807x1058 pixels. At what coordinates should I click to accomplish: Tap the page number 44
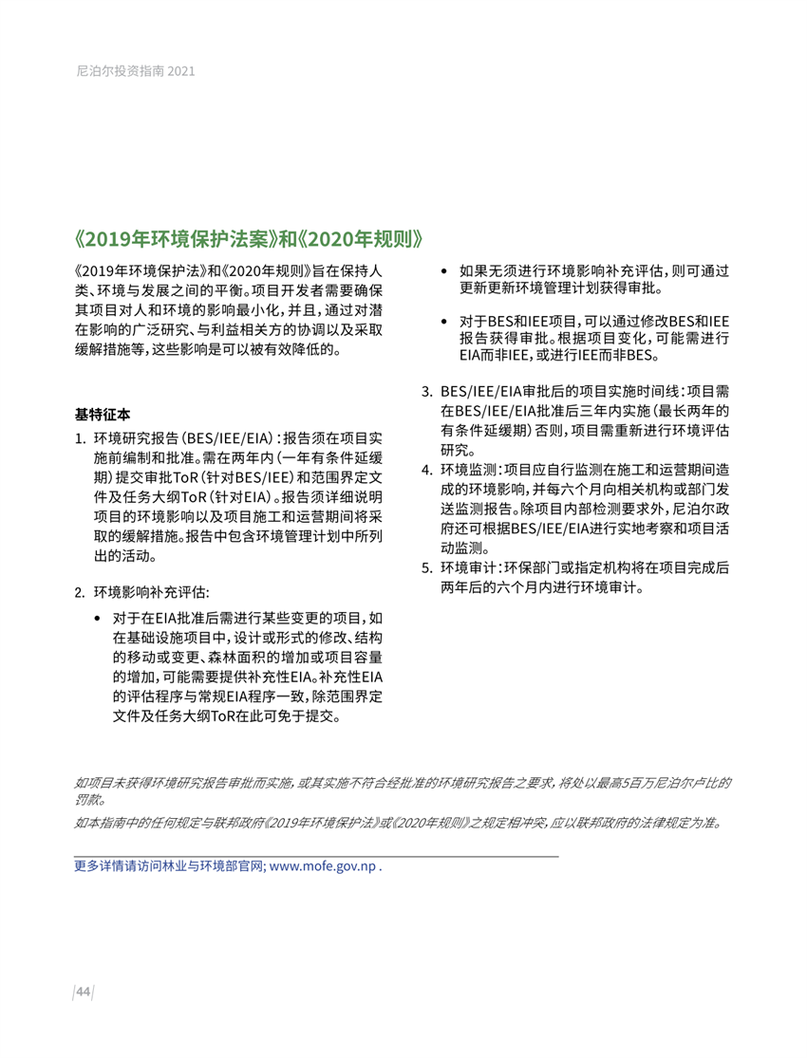point(83,993)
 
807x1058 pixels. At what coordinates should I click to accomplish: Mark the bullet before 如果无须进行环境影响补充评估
point(445,270)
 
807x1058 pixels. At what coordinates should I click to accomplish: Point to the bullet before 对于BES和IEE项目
point(445,322)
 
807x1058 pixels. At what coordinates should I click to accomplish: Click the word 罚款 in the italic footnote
point(89,800)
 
